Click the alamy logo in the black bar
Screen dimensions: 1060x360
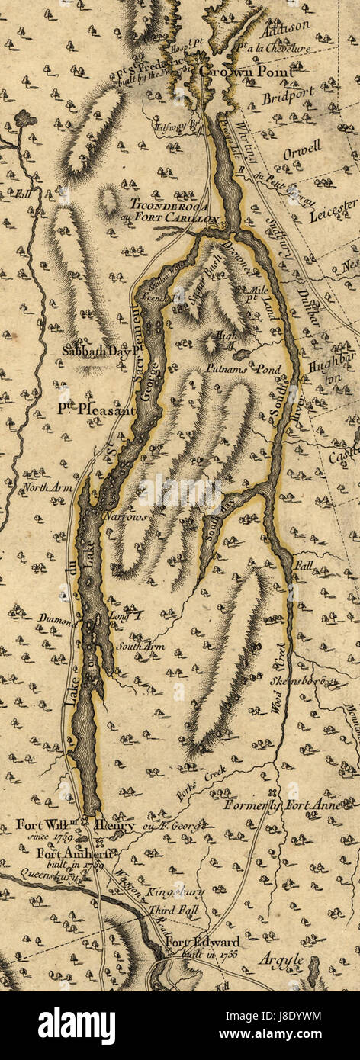76,1025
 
